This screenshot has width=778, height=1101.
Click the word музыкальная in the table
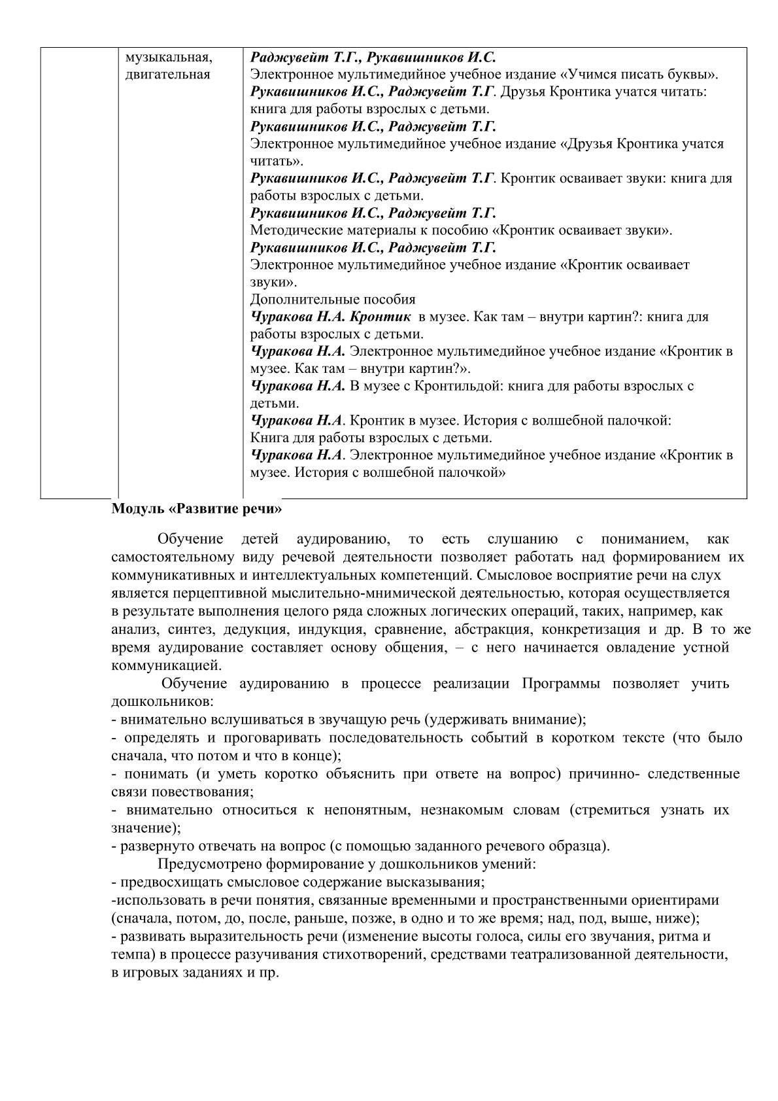pyautogui.click(x=168, y=57)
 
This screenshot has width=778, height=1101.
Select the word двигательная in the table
pyautogui.click(x=167, y=74)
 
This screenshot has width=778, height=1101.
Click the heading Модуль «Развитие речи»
pyautogui.click(x=197, y=508)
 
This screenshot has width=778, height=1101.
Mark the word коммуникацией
pyautogui.click(x=167, y=666)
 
